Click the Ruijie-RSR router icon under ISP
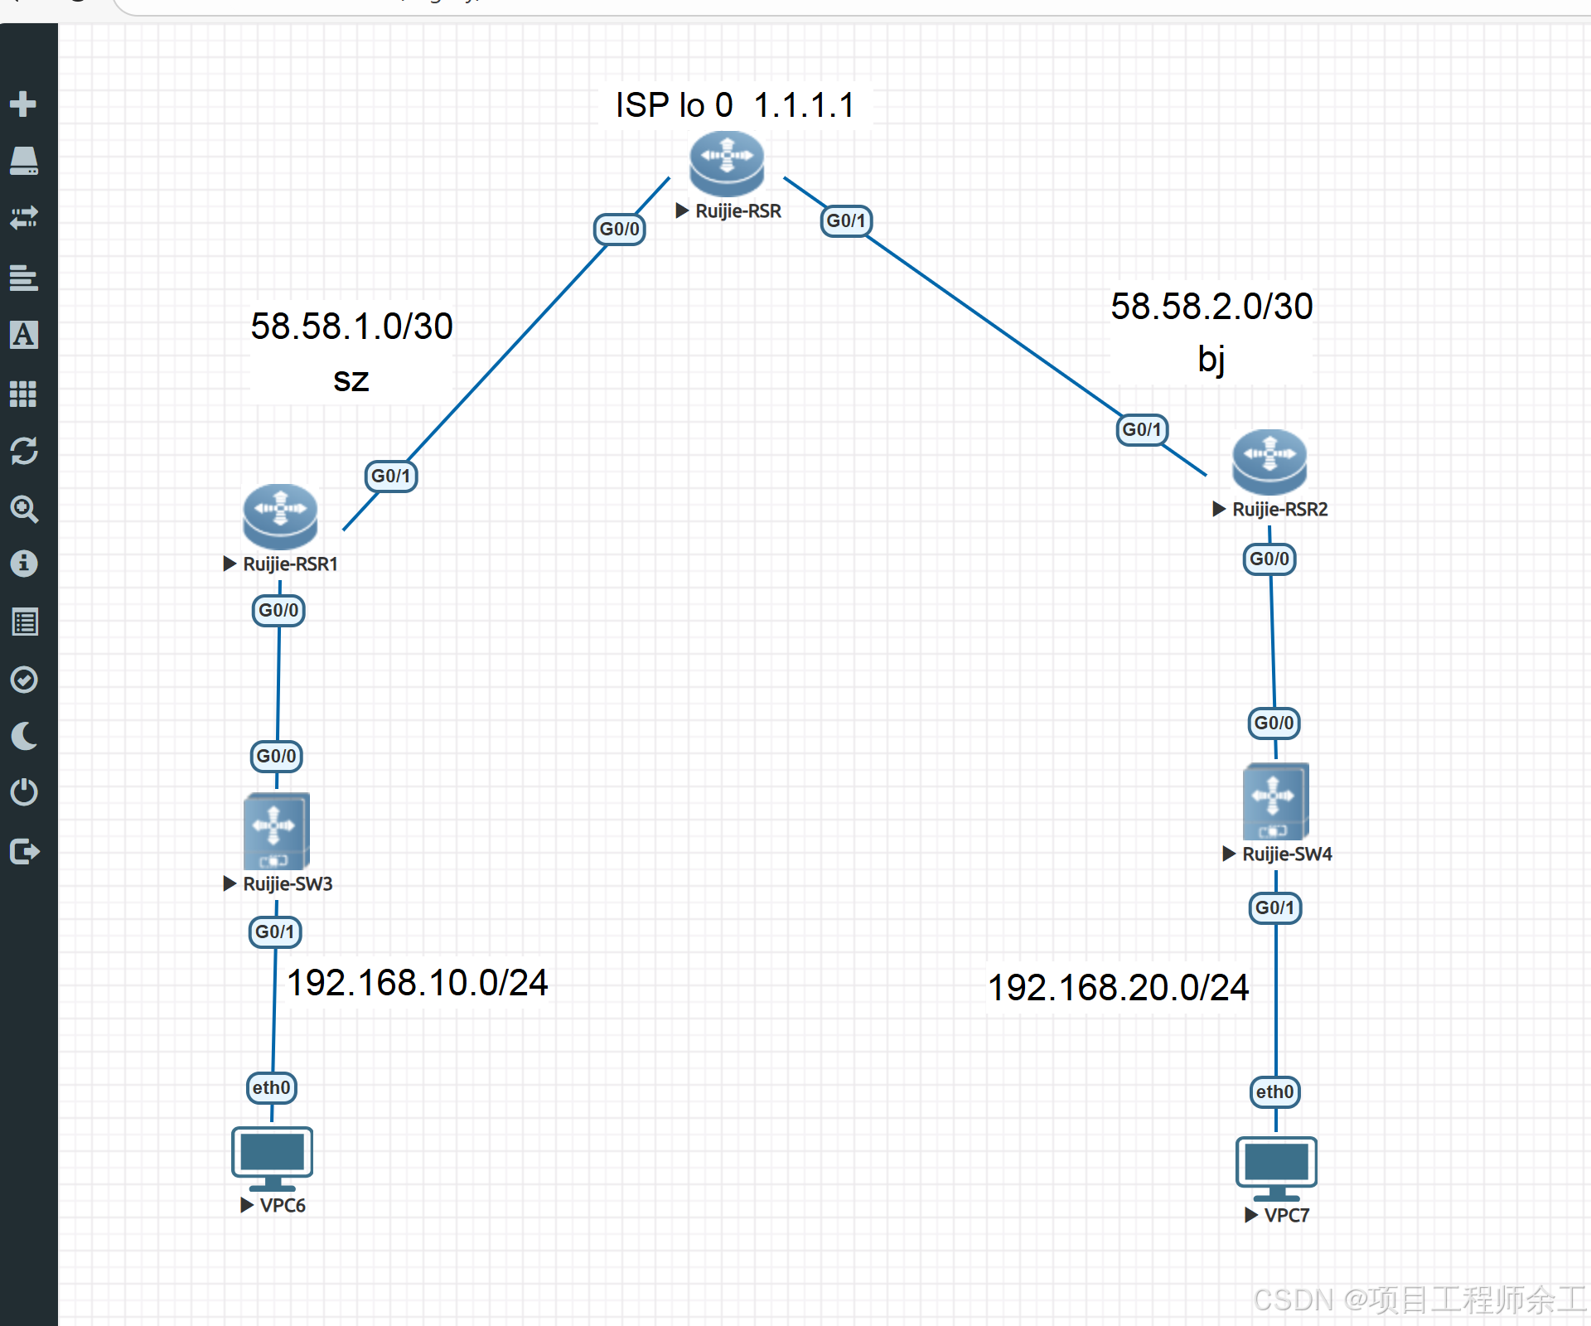coord(727,162)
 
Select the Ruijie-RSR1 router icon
coord(280,515)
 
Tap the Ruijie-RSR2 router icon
coord(1269,461)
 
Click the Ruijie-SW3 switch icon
coord(276,830)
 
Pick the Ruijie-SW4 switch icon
coord(1275,801)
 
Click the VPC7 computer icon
coord(1276,1168)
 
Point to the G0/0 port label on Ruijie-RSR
coord(620,229)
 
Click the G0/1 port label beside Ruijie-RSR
coord(846,220)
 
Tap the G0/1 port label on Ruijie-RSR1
coord(391,476)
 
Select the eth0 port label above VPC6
coord(272,1087)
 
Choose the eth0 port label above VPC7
coord(1275,1091)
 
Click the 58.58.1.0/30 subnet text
coord(352,327)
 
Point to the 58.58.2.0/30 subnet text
coord(1211,307)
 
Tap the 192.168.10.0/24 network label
coord(417,983)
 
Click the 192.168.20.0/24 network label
coord(1118,988)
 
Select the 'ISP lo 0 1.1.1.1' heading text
coord(735,105)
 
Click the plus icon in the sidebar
coord(23,104)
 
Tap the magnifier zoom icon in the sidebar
coord(24,509)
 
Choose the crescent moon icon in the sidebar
coord(24,736)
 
